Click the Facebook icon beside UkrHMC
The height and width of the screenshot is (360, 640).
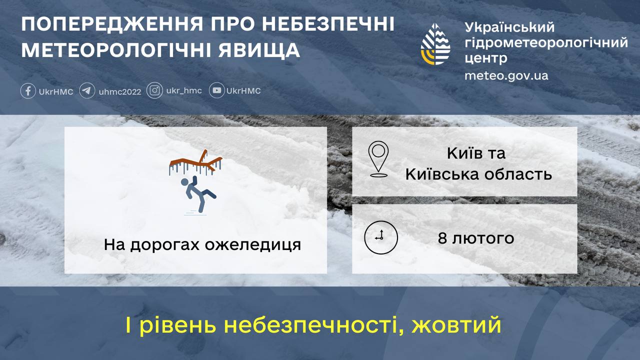(28, 91)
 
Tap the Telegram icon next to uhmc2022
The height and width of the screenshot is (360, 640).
(87, 91)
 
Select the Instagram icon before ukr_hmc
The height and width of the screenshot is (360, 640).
(155, 90)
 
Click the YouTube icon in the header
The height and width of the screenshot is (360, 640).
(217, 90)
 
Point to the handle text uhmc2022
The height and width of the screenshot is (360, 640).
(120, 91)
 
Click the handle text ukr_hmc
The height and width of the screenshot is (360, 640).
(184, 91)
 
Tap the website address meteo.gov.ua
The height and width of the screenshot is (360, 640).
(506, 76)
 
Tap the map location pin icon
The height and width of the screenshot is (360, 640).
(378, 159)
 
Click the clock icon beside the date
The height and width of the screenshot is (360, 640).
(380, 238)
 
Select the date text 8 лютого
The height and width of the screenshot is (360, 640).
(475, 238)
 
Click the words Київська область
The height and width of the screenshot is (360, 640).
(478, 174)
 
